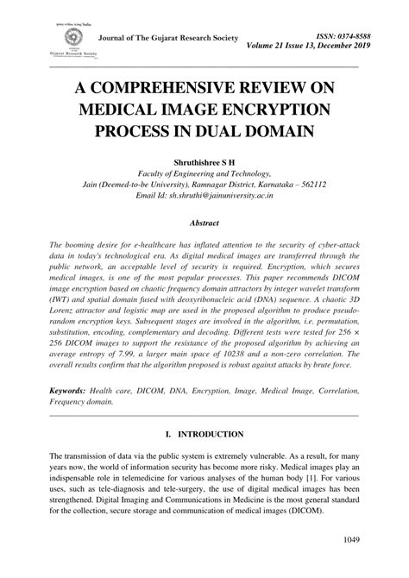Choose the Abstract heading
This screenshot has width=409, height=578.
click(204, 222)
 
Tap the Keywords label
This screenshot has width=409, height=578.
click(72, 391)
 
